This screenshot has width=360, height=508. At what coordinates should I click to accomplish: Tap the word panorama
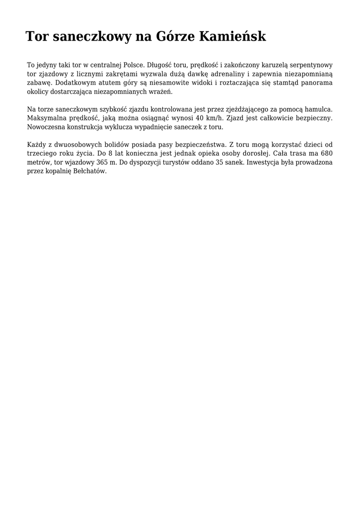coord(315,83)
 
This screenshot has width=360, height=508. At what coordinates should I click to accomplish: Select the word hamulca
coord(318,109)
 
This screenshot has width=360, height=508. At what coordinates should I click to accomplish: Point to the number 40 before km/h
coord(200,118)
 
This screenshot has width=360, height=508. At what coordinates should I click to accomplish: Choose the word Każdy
coord(36,144)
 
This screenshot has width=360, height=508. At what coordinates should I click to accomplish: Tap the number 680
coord(326,153)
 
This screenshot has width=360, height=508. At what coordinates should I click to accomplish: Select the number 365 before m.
coord(103,162)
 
